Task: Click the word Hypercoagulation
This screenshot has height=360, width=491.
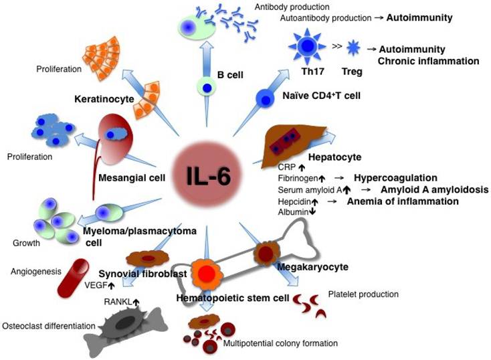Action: (395, 178)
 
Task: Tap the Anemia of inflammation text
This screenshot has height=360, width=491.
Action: (403, 201)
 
